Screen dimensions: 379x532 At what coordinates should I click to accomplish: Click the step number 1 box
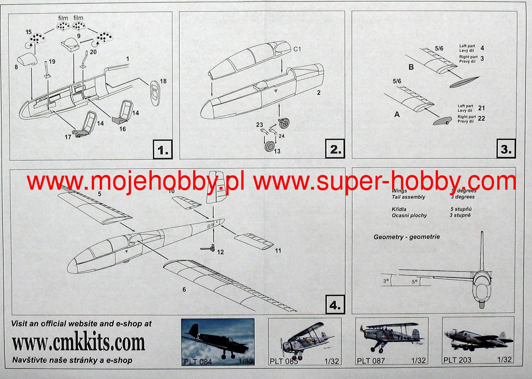point(163,149)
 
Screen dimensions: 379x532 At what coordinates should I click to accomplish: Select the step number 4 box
point(335,305)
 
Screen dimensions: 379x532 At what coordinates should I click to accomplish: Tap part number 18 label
point(163,81)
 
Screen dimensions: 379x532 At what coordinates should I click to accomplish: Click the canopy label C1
point(297,49)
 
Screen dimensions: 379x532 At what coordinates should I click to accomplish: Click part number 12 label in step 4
point(220,252)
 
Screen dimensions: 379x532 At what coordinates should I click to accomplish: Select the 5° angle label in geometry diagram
point(414,282)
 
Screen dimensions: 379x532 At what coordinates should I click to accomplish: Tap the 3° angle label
point(386,281)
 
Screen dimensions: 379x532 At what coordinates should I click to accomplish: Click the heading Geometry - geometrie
point(407,237)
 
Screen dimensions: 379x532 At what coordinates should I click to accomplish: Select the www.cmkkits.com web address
point(78,343)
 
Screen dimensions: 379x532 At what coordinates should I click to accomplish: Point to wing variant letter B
point(411,67)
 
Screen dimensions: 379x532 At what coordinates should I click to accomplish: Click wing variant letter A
point(397,114)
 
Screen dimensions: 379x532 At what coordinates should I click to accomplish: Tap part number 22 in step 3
point(481,119)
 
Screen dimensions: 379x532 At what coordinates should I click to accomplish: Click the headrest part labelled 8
point(26,60)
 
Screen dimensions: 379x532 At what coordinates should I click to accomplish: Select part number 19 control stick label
point(52,62)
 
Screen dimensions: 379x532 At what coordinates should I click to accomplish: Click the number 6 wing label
point(184,289)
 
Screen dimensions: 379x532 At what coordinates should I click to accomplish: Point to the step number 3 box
point(506,149)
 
